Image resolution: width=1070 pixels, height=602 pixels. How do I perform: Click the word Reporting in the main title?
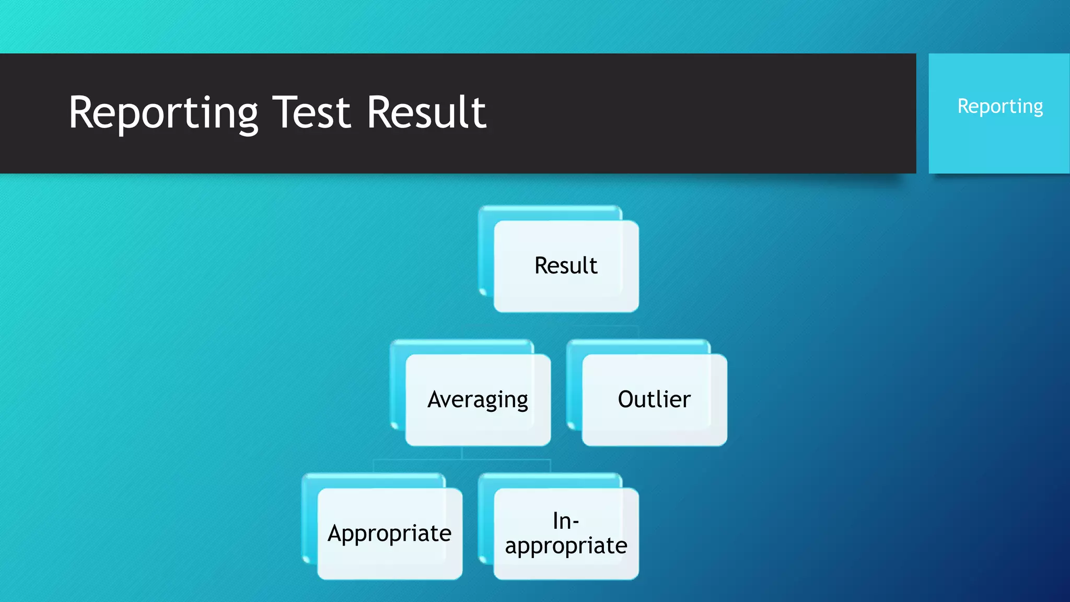tap(163, 113)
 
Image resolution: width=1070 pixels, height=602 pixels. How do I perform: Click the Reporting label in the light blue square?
tap(999, 107)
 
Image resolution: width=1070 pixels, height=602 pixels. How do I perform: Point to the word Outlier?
tap(654, 399)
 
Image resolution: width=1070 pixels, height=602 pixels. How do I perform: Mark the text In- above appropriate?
tap(566, 521)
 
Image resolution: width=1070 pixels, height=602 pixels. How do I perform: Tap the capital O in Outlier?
tap(626, 399)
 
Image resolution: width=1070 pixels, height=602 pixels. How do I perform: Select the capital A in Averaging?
tap(435, 399)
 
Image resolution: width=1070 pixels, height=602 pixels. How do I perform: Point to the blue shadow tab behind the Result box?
tap(549, 212)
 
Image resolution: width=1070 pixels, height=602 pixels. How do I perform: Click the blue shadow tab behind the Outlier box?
tap(637, 346)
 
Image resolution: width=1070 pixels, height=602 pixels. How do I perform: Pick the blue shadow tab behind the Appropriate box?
tap(373, 480)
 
